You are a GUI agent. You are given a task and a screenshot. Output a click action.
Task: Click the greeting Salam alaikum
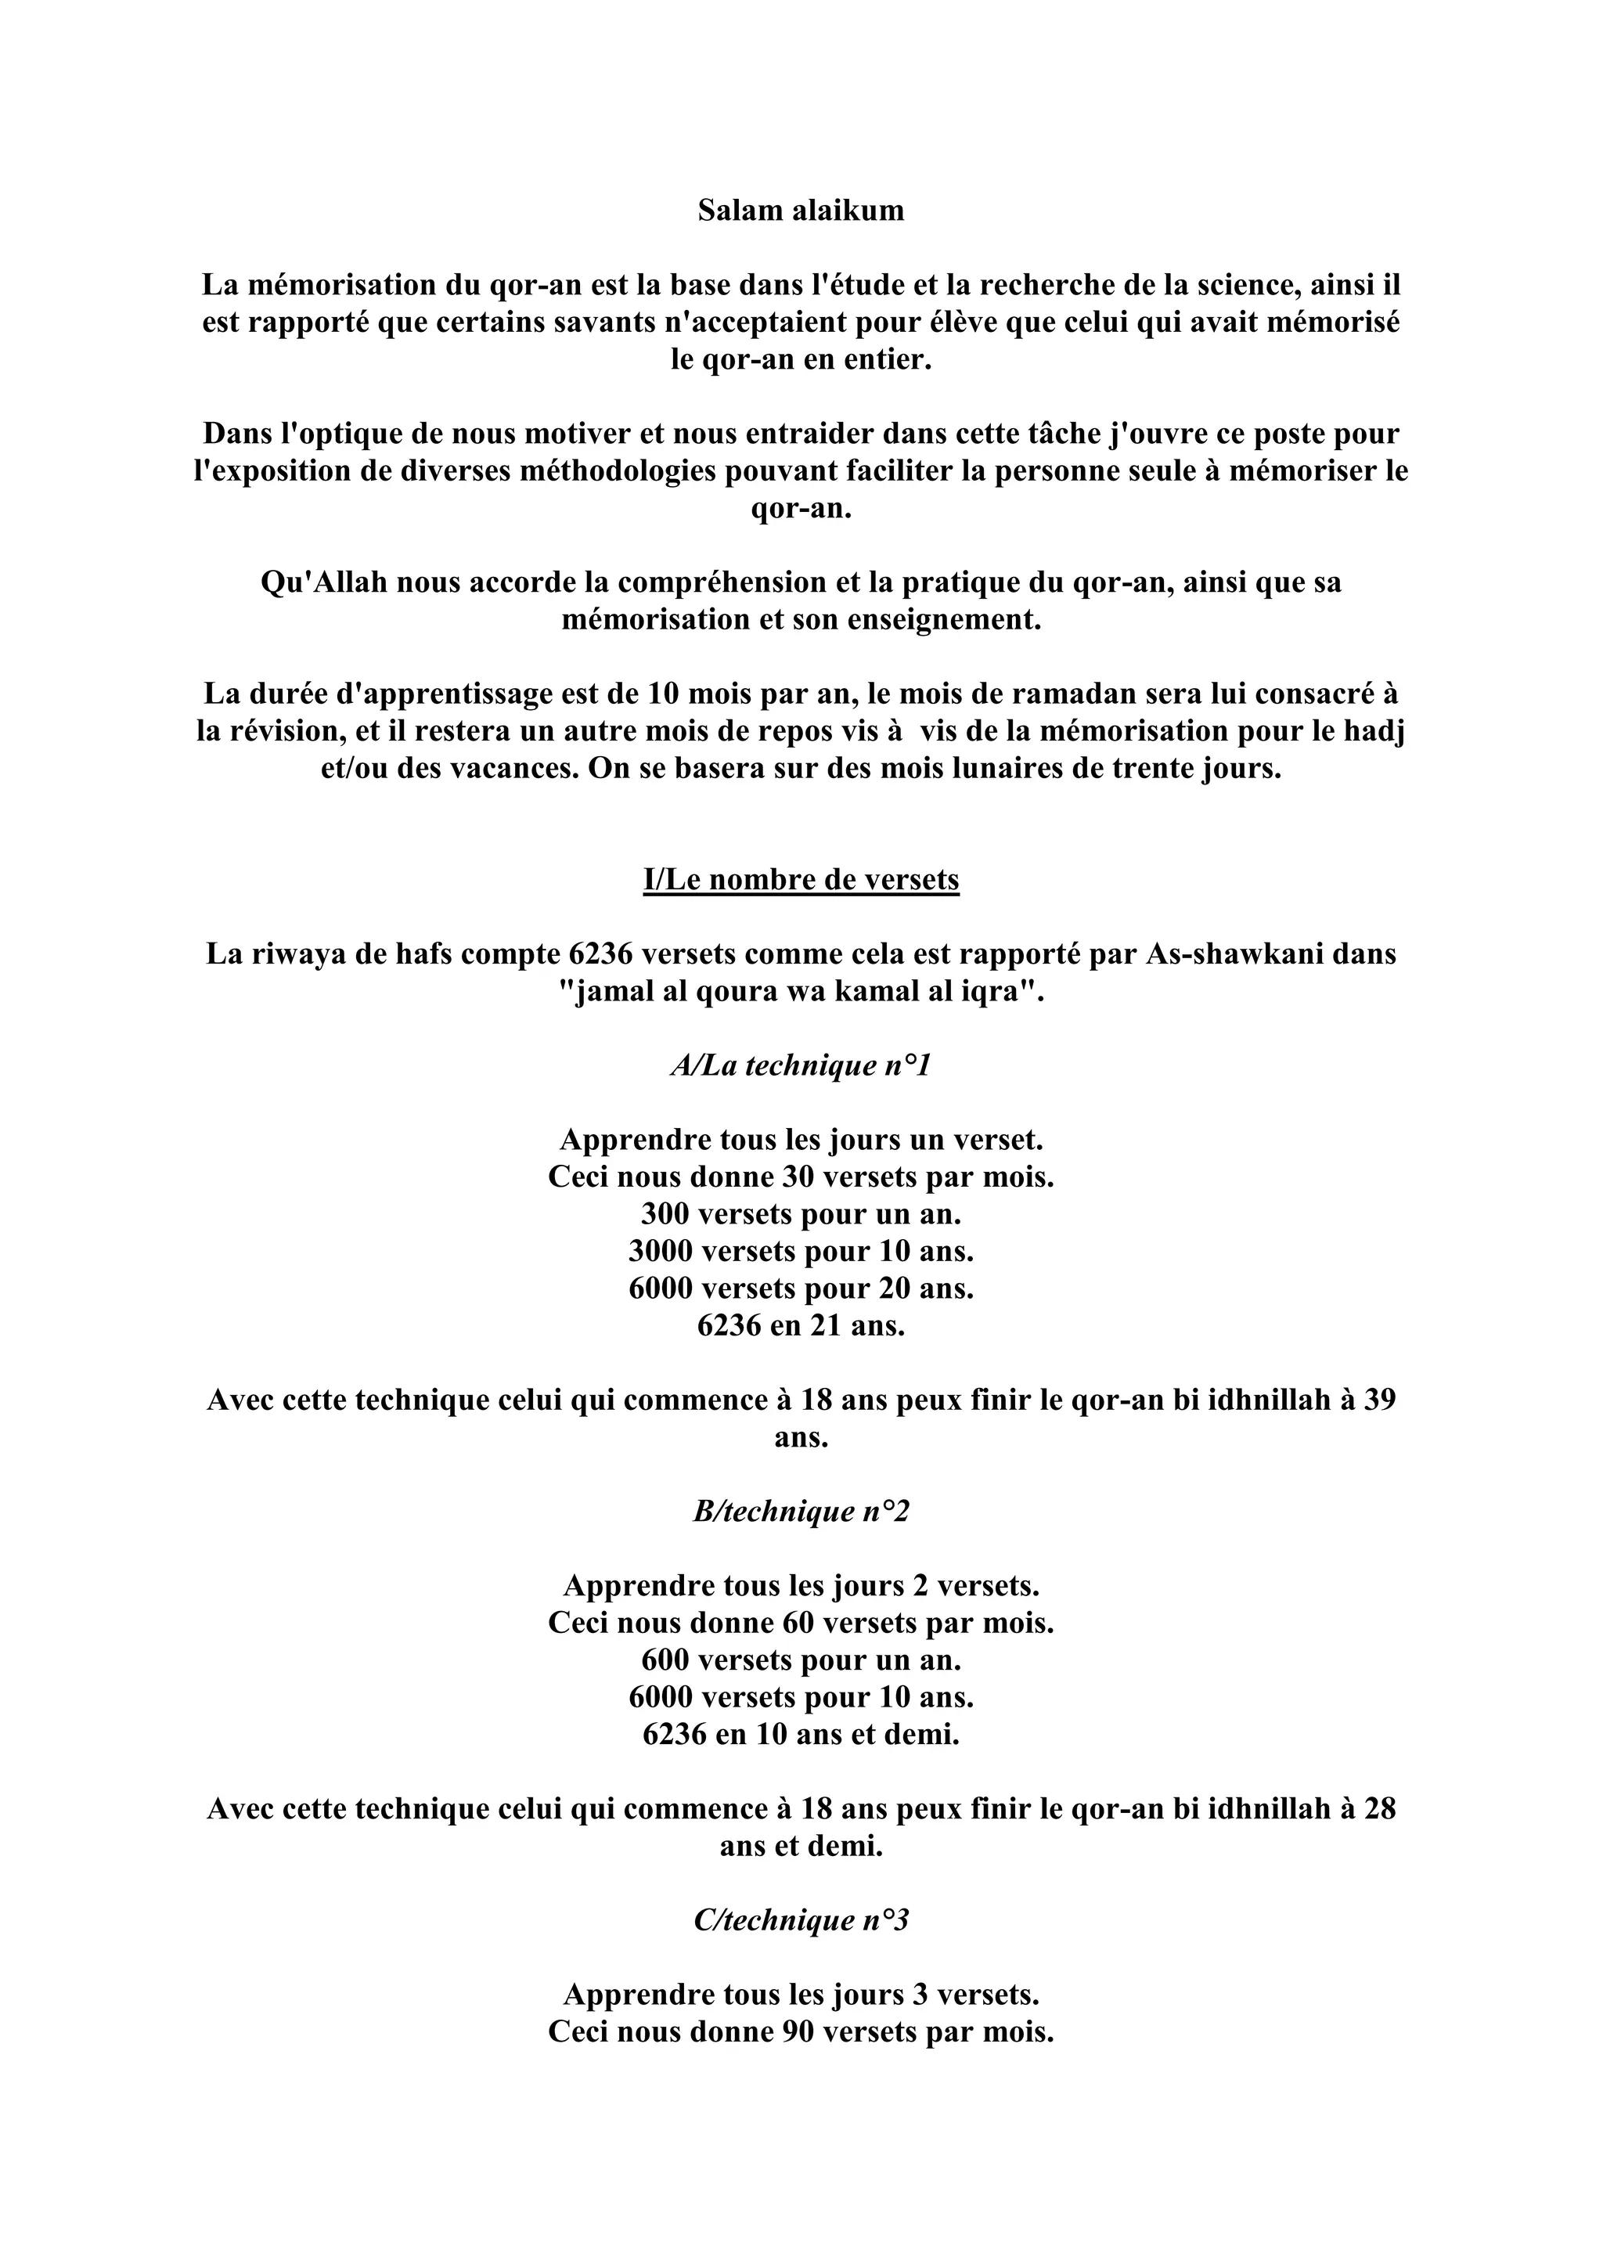coord(801,211)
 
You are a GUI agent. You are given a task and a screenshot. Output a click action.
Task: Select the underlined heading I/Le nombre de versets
coord(801,880)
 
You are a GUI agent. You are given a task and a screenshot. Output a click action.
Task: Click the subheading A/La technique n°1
coord(801,1065)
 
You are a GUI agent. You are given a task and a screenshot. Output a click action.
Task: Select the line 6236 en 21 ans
coord(801,1325)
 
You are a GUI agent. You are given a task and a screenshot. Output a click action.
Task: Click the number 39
coord(1379,1400)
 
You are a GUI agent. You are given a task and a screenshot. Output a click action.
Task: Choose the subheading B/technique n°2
coord(801,1512)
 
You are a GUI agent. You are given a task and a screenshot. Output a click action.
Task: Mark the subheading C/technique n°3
coord(801,1920)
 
